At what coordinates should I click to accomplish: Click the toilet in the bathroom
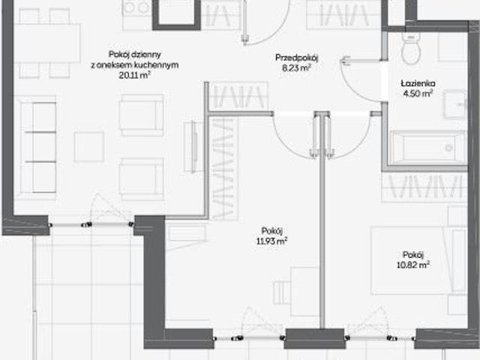click(411, 48)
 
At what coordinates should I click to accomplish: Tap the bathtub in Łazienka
click(428, 148)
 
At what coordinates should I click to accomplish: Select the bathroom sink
click(456, 104)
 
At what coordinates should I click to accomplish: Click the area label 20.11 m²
click(135, 75)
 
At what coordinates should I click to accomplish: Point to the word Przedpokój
click(297, 58)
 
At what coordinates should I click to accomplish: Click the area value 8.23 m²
click(297, 67)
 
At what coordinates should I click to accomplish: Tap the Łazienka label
click(418, 83)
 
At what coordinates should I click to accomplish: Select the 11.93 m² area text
click(271, 241)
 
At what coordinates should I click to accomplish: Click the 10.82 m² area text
click(413, 265)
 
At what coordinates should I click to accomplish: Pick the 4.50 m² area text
click(418, 93)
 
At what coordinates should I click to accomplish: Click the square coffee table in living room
click(89, 147)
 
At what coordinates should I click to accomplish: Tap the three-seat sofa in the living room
click(37, 147)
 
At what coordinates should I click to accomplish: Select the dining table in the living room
click(47, 43)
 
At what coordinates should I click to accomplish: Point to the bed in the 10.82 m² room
click(418, 260)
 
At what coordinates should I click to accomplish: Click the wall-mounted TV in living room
click(193, 147)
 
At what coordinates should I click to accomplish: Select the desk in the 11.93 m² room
click(304, 292)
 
